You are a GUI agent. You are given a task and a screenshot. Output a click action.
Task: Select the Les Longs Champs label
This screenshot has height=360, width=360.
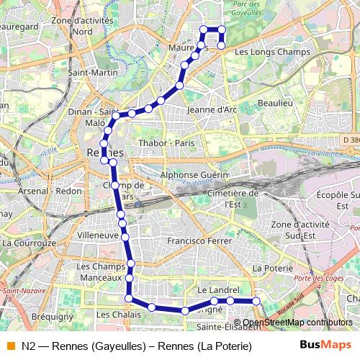(x=262, y=52)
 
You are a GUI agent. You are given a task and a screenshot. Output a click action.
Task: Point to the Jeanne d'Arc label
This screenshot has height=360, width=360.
(x=212, y=109)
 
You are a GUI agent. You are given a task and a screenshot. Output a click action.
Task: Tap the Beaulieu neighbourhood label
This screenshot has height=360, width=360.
(x=275, y=104)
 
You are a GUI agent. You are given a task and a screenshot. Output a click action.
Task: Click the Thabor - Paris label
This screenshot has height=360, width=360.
(x=167, y=143)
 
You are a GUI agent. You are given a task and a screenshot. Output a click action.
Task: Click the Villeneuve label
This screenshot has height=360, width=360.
(x=97, y=235)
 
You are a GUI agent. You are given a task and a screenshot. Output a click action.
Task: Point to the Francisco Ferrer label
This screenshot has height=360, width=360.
(x=197, y=240)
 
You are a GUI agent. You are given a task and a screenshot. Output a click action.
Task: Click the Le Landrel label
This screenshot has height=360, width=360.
(x=217, y=289)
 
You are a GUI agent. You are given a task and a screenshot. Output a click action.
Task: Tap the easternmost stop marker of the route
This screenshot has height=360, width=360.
(x=256, y=301)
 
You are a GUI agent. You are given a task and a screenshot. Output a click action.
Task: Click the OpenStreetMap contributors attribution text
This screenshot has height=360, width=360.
(x=297, y=323)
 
